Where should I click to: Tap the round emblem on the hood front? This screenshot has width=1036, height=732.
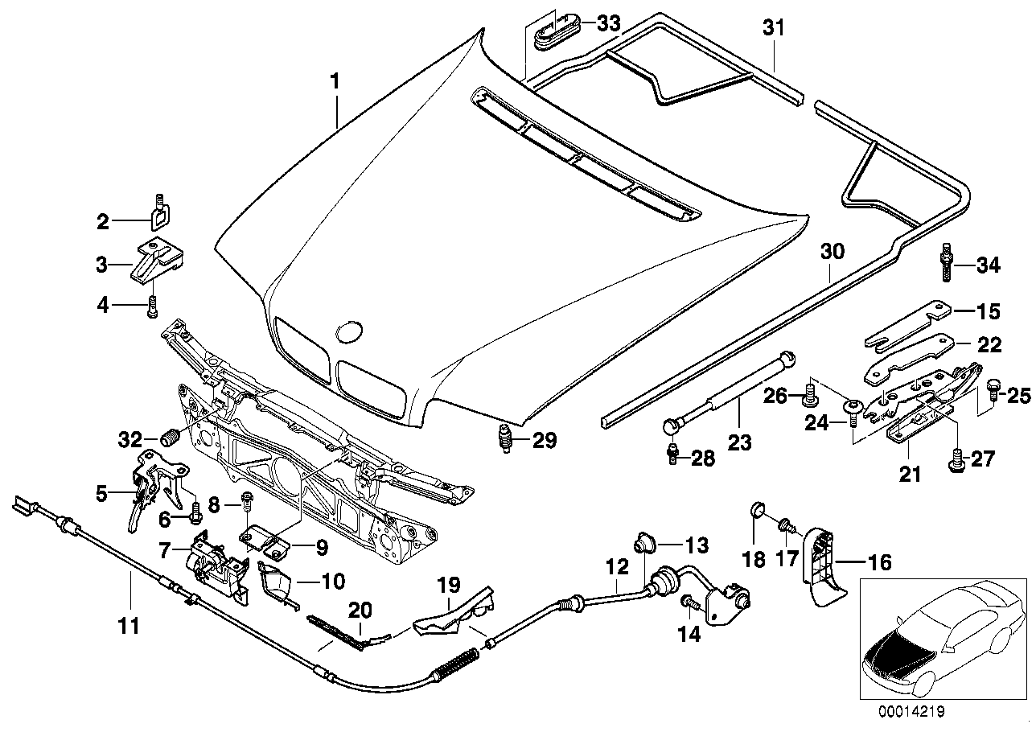click(349, 332)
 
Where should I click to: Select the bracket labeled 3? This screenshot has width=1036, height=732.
click(158, 260)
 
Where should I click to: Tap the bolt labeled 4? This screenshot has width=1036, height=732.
click(153, 306)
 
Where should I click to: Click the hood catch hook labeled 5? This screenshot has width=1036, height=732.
click(146, 491)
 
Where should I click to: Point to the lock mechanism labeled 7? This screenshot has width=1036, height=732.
click(216, 560)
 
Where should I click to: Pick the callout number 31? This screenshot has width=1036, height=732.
click(772, 29)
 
